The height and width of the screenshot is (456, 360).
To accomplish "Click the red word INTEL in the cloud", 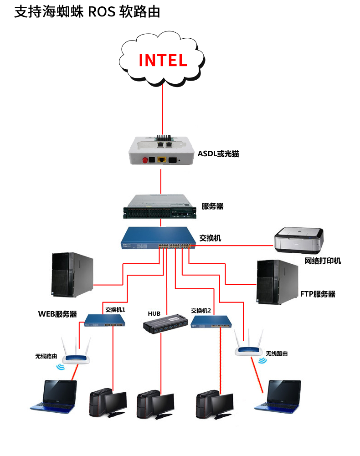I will click(163, 60).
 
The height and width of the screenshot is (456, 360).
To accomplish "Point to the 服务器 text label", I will click(212, 206).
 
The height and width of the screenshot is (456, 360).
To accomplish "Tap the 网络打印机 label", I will click(323, 261).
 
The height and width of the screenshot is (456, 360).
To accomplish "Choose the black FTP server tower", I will click(277, 282).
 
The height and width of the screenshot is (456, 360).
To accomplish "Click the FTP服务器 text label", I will click(318, 294).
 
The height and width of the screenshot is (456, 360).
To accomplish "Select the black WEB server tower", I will click(72, 275).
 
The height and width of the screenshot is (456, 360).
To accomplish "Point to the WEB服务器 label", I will click(57, 314).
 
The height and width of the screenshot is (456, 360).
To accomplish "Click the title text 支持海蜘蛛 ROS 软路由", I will click(87, 12).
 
